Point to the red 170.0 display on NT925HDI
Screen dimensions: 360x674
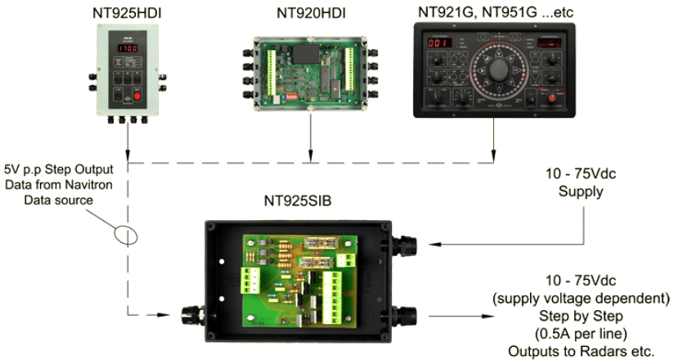(125, 50)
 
